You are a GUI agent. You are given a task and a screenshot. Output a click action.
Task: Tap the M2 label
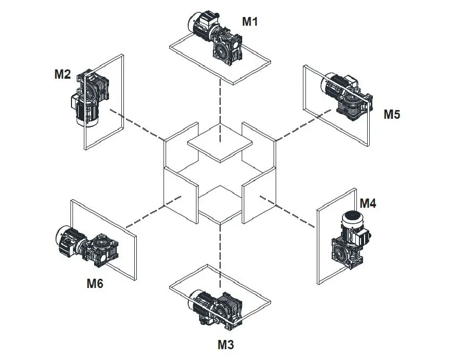(62, 74)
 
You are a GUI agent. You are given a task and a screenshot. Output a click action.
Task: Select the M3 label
(224, 345)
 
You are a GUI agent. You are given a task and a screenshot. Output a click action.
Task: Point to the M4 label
(368, 203)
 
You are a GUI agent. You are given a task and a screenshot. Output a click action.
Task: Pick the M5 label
(391, 114)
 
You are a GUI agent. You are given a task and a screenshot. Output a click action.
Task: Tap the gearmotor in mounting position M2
(91, 98)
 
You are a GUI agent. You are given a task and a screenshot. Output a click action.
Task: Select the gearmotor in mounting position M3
(216, 309)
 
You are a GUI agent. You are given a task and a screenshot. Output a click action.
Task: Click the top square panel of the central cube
(220, 145)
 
